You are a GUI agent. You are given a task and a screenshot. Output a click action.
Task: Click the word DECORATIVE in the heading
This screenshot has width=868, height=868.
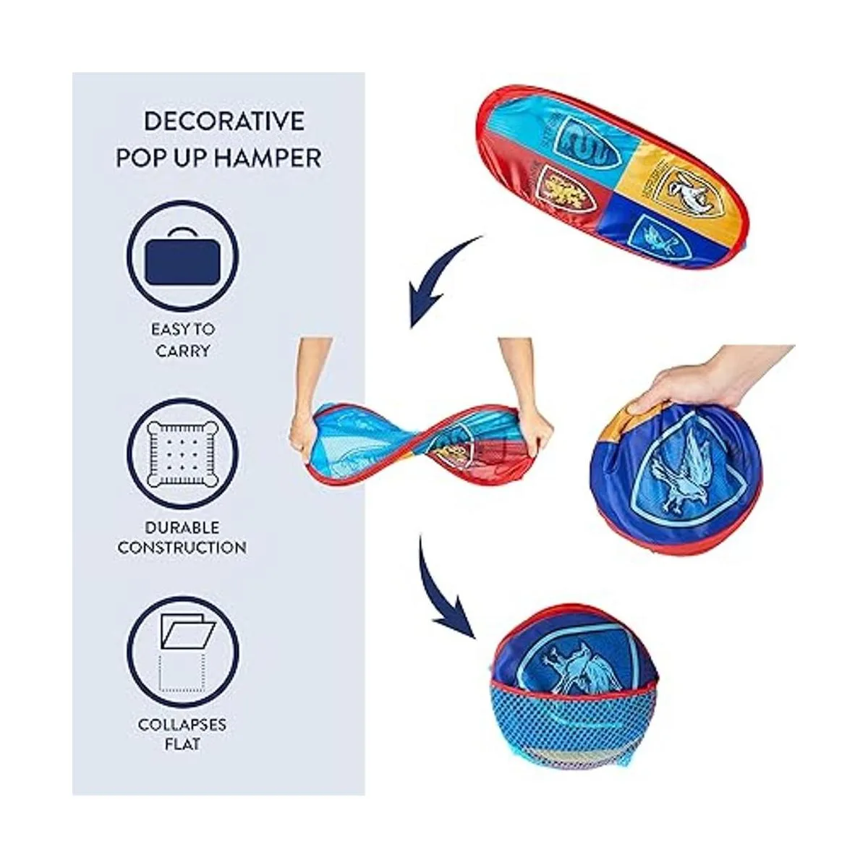click(224, 122)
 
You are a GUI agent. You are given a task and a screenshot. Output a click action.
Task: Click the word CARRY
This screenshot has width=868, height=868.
click(182, 351)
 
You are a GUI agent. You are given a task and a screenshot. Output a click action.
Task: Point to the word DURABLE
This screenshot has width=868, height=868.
click(182, 527)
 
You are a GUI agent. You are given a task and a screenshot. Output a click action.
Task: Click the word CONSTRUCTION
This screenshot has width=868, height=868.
click(182, 548)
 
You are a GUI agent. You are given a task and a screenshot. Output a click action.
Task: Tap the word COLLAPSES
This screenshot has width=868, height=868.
click(182, 724)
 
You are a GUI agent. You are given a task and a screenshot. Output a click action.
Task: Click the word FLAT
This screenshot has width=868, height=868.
click(182, 744)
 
